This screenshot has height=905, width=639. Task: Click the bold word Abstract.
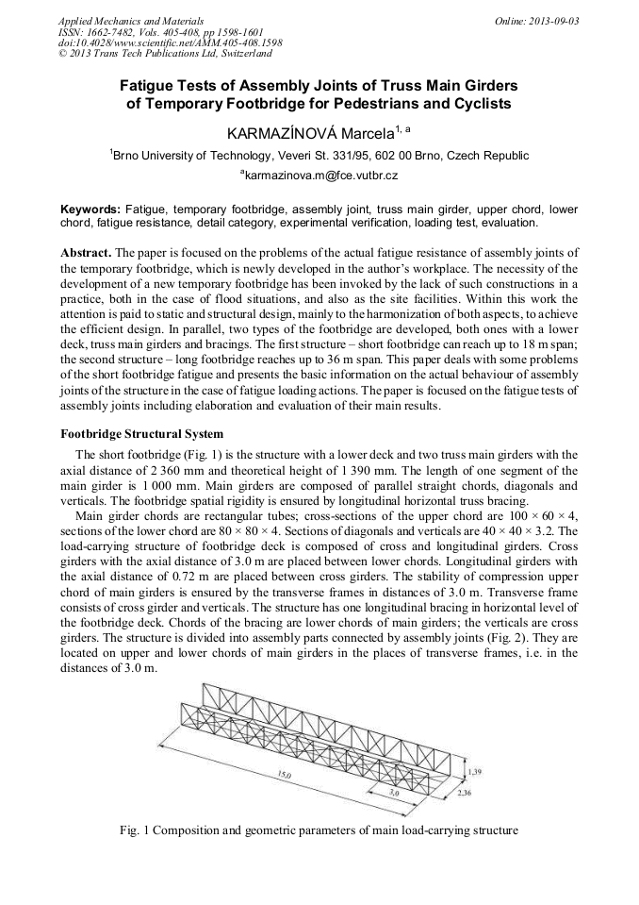(x=86, y=255)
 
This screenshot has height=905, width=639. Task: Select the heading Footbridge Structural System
(x=141, y=435)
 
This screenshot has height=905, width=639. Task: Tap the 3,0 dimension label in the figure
(x=397, y=795)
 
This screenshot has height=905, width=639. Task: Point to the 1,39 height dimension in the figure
(x=477, y=772)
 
